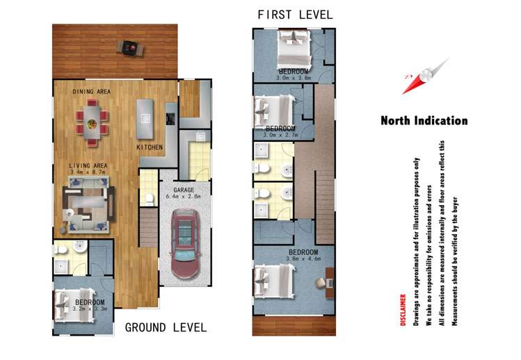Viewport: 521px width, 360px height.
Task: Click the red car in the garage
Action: click(186, 244)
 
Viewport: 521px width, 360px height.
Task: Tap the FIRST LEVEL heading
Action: click(295, 15)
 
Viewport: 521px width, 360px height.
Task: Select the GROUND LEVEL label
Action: click(166, 328)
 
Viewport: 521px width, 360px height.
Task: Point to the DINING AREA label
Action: click(92, 92)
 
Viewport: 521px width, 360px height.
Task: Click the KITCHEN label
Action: click(150, 147)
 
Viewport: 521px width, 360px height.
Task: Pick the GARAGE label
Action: click(184, 190)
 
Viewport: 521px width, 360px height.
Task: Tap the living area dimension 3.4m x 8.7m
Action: click(88, 172)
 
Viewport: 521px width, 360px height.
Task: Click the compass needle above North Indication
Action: click(426, 76)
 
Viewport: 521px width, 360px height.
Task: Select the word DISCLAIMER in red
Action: click(403, 310)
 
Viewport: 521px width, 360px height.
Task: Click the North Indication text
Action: click(424, 120)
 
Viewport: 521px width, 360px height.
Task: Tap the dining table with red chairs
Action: click(92, 122)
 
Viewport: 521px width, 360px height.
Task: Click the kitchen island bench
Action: click(145, 119)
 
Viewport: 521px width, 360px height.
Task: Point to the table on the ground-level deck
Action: click(130, 48)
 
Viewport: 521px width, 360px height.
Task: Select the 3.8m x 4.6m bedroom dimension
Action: click(304, 259)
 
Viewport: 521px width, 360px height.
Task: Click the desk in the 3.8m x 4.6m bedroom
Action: click(330, 283)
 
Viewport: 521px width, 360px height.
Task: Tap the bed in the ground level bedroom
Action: click(74, 305)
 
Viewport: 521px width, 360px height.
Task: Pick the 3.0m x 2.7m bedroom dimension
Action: click(281, 135)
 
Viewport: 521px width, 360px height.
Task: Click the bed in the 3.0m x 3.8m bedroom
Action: click(294, 49)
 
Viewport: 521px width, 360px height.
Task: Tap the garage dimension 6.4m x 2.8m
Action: click(184, 197)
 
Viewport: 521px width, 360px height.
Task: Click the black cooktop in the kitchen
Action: click(170, 119)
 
